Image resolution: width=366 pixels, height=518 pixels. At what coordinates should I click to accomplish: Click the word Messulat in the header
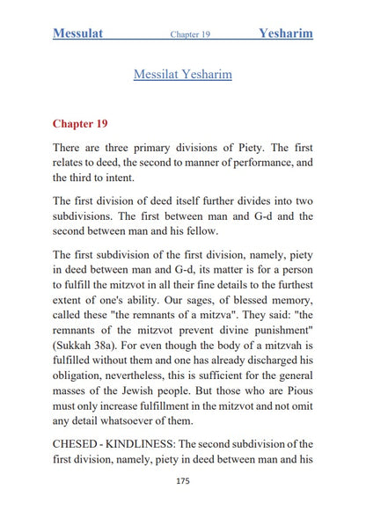pos(78,34)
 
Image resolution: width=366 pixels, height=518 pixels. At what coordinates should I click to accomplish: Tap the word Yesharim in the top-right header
pos(286,34)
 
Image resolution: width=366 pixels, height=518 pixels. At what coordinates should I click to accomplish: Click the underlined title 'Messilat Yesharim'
pos(182,75)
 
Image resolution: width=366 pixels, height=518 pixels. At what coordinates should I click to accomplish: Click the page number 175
pos(183,481)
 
